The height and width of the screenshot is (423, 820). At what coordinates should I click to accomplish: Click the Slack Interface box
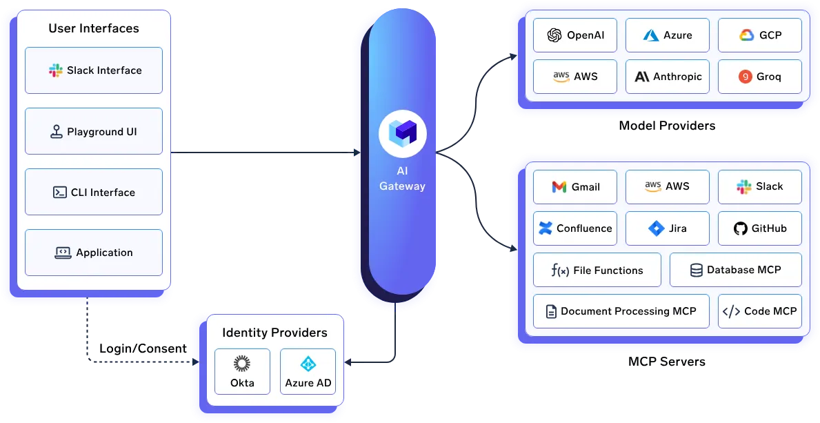94,70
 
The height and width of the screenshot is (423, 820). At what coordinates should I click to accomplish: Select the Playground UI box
94,131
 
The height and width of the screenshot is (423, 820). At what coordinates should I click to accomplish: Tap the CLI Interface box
94,192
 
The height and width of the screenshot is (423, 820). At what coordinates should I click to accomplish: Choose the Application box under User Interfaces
94,253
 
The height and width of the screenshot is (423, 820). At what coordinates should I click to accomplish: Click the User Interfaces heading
94,28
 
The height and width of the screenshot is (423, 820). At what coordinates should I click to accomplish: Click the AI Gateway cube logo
403,133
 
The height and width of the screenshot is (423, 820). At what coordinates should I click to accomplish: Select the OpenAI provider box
575,35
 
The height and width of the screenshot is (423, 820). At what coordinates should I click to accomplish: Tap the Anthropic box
668,77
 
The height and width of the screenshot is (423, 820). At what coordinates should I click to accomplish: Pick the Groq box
760,77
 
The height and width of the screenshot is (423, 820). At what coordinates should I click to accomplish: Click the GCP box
760,35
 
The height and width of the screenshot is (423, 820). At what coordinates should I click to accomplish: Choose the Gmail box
575,187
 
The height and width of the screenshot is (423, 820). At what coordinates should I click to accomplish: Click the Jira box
668,228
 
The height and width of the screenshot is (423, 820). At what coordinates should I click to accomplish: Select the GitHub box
760,228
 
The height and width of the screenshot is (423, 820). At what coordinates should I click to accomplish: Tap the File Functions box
597,270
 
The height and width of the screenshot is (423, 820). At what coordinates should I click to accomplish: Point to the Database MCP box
736,270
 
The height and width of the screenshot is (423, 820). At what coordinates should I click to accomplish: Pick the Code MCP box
760,311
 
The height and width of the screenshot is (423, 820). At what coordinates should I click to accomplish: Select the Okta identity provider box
242,371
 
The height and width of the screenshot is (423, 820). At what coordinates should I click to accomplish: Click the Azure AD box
308,371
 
